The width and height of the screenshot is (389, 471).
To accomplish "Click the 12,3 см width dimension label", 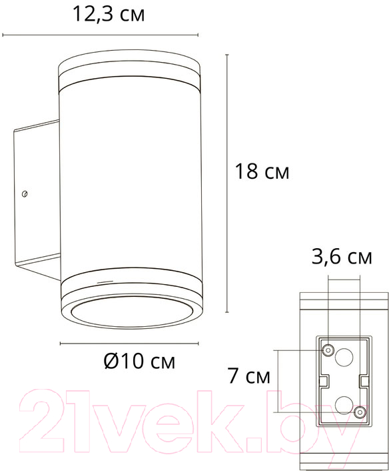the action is tap(109, 14).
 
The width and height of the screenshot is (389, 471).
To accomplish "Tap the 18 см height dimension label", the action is tap(262, 171).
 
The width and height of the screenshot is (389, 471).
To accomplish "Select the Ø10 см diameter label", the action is tap(139, 361).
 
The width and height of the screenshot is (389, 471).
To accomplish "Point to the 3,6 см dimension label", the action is tap(342, 257).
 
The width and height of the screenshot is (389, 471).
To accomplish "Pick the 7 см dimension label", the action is tap(249, 376).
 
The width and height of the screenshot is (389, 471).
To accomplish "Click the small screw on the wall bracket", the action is tap(25, 194).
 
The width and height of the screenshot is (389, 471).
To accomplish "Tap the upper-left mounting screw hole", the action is tap(328, 350).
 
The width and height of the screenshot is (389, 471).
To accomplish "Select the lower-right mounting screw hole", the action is tap(360, 412).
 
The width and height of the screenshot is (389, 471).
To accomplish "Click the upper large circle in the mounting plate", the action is tap(344, 357).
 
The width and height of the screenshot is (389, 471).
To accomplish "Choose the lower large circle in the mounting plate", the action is tap(344, 405).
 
